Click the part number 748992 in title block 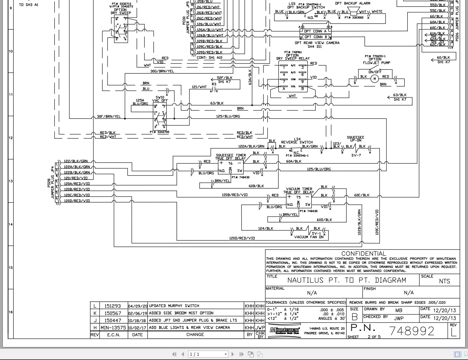(412, 331)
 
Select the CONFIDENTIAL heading (363, 253)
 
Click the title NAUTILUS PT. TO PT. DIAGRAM (346, 280)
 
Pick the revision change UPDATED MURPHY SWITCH (174, 306)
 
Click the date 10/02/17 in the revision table (137, 327)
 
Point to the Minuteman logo (284, 330)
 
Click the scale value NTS (444, 281)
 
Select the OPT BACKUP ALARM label (352, 4)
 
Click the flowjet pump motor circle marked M (374, 78)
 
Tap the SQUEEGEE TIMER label (230, 155)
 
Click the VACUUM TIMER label (299, 189)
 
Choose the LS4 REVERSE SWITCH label (297, 141)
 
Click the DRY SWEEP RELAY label (293, 59)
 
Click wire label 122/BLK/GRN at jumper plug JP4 (76, 161)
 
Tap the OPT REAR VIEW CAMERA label (317, 43)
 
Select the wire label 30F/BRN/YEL (109, 117)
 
